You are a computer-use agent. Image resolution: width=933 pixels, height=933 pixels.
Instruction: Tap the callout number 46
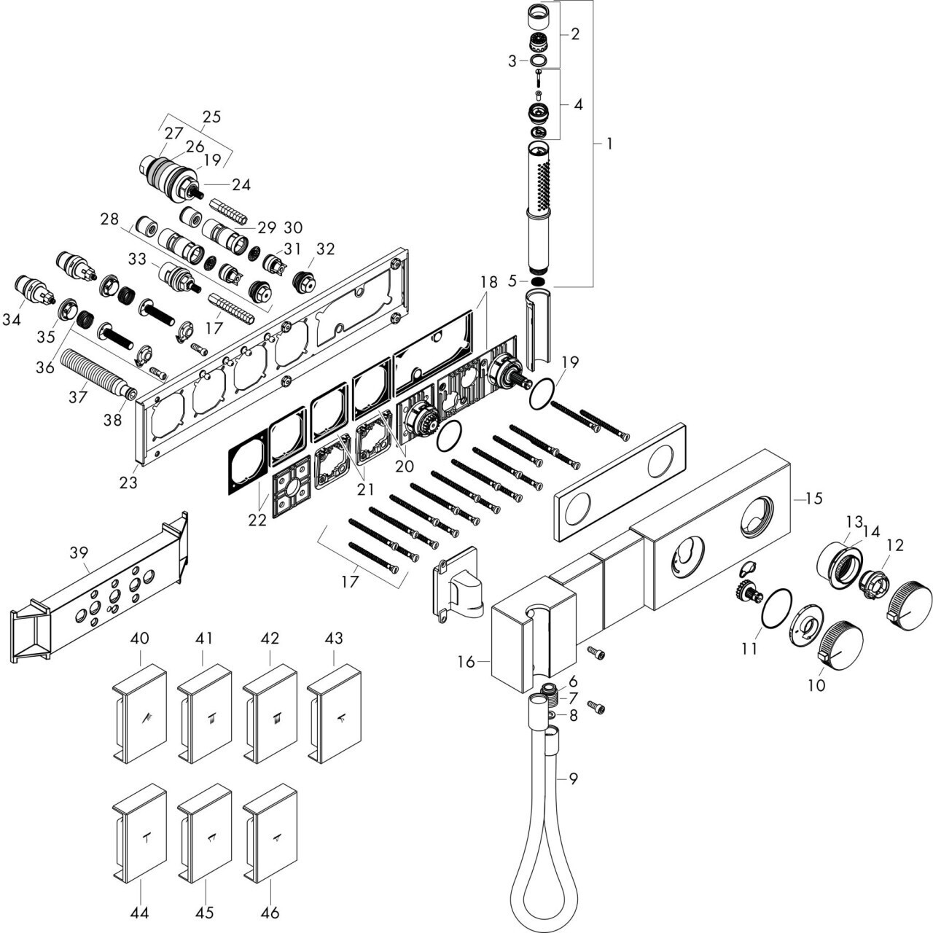[x=270, y=911]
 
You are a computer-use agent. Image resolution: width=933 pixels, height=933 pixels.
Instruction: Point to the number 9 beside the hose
[x=574, y=778]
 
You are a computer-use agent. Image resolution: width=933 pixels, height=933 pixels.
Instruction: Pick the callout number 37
[x=78, y=396]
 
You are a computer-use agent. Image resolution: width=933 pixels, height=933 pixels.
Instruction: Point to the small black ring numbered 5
[x=538, y=281]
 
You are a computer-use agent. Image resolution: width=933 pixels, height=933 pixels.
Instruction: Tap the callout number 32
[x=325, y=249]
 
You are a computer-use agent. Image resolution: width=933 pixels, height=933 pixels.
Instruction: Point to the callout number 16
[x=466, y=662]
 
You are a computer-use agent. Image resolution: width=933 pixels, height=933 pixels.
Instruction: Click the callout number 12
[x=894, y=544]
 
